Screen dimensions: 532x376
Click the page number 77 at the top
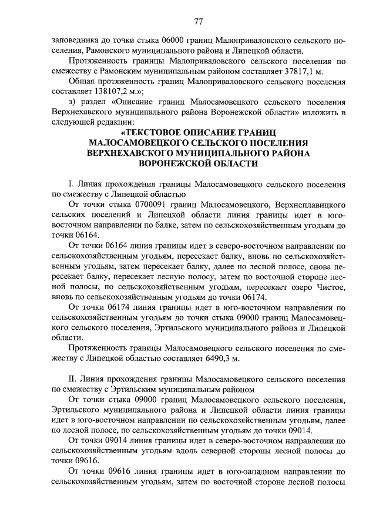click(x=198, y=22)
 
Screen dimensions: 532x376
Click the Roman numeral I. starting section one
click(x=72, y=183)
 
